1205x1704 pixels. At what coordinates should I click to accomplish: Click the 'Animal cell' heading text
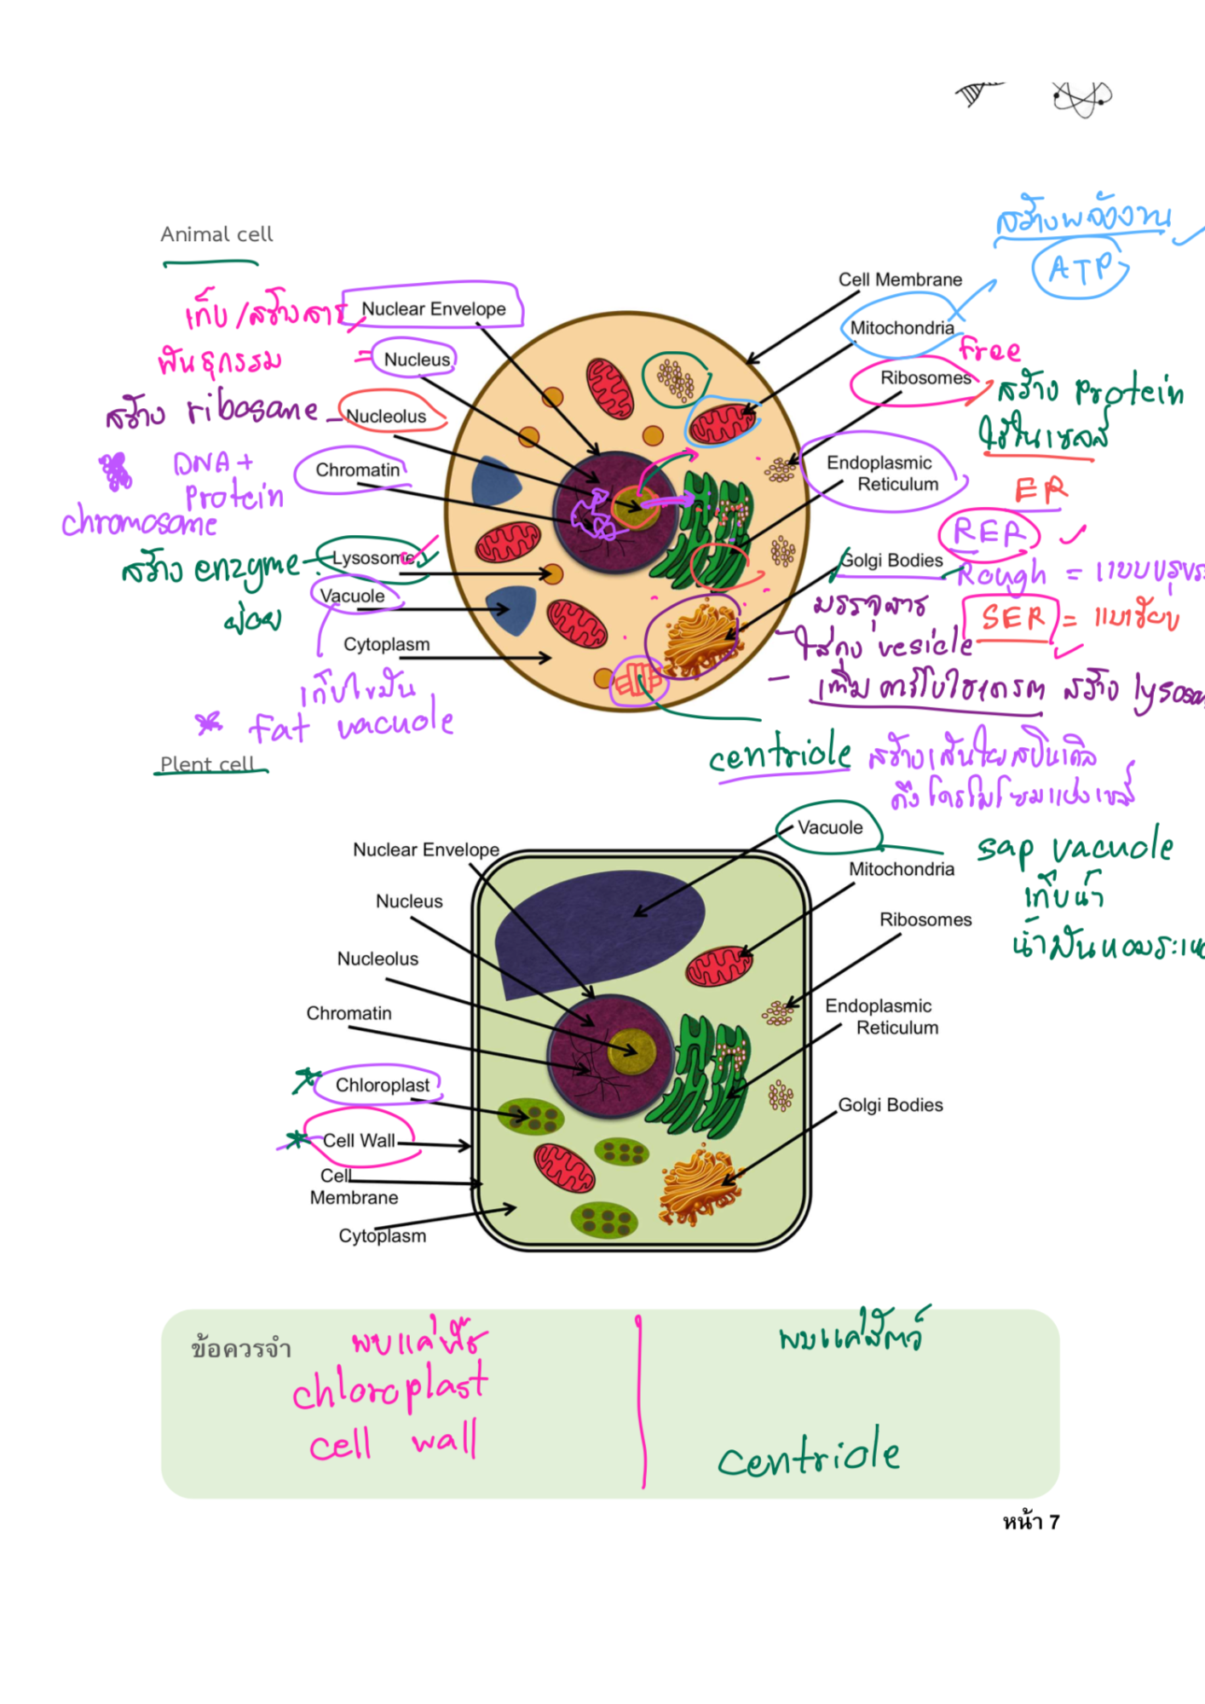click(x=216, y=234)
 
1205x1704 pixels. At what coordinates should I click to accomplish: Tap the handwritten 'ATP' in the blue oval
click(x=1080, y=269)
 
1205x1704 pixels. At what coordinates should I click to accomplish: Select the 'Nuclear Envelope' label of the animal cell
click(x=433, y=308)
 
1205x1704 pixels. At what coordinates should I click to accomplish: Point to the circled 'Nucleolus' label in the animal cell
click(x=386, y=416)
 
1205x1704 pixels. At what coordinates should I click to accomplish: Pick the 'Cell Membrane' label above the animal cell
click(x=900, y=279)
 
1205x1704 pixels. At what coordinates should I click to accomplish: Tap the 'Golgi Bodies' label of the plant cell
click(x=891, y=1105)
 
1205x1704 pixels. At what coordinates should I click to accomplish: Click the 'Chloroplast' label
click(x=382, y=1085)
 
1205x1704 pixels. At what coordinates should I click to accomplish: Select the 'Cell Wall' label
click(x=359, y=1140)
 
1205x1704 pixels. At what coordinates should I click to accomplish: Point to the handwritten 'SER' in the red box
click(x=1012, y=617)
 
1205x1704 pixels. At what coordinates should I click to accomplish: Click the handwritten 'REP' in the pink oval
click(x=989, y=532)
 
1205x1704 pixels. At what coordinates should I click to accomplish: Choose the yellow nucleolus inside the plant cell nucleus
click(x=631, y=1051)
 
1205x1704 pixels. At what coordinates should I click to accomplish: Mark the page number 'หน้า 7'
click(x=1030, y=1522)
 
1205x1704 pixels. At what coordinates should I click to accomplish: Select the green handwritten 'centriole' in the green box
click(x=808, y=1455)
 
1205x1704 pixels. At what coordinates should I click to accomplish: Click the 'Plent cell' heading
click(x=207, y=764)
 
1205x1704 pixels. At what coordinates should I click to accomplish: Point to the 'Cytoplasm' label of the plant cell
click(x=382, y=1235)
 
